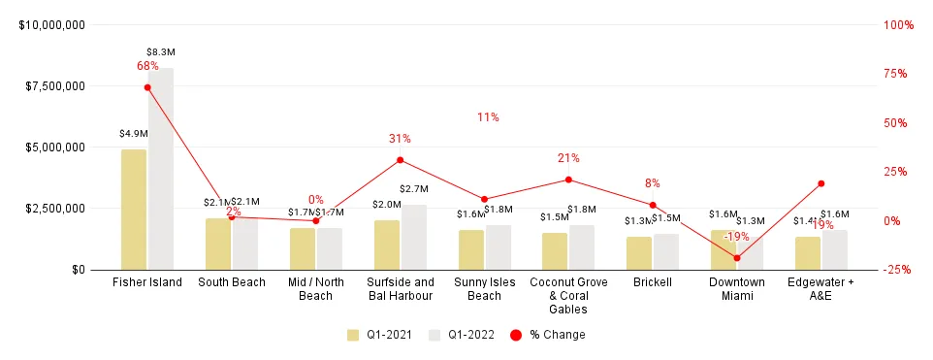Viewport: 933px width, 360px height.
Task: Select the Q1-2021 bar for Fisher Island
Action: (x=134, y=210)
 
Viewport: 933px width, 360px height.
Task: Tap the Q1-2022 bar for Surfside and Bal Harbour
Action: (x=414, y=237)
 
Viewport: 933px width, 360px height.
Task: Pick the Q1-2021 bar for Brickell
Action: (x=639, y=253)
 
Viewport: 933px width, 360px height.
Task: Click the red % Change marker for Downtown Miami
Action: (x=737, y=258)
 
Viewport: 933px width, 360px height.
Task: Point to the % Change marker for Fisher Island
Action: (x=147, y=87)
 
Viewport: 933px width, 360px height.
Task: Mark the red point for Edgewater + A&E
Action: (x=820, y=183)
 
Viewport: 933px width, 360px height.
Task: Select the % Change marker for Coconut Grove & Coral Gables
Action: (x=568, y=180)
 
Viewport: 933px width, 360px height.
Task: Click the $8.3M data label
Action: (x=160, y=51)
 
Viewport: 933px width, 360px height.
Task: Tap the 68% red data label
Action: (x=147, y=66)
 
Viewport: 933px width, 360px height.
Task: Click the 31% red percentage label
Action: (x=400, y=139)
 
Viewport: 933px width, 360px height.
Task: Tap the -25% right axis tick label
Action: (x=898, y=270)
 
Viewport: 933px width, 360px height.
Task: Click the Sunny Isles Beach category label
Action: (x=484, y=289)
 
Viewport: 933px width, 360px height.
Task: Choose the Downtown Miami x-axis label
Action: (x=737, y=289)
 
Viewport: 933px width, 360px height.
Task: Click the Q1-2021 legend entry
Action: (x=381, y=335)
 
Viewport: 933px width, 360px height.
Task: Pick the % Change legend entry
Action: (x=549, y=335)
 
